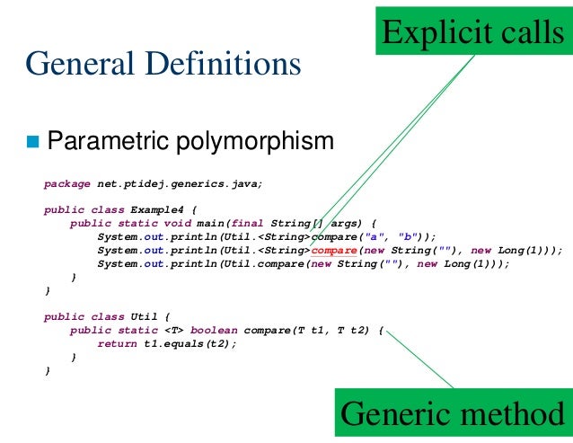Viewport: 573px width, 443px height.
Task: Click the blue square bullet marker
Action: click(x=34, y=142)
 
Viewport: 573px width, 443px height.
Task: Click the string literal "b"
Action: click(x=407, y=237)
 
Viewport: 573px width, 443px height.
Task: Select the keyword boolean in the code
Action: click(x=214, y=331)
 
